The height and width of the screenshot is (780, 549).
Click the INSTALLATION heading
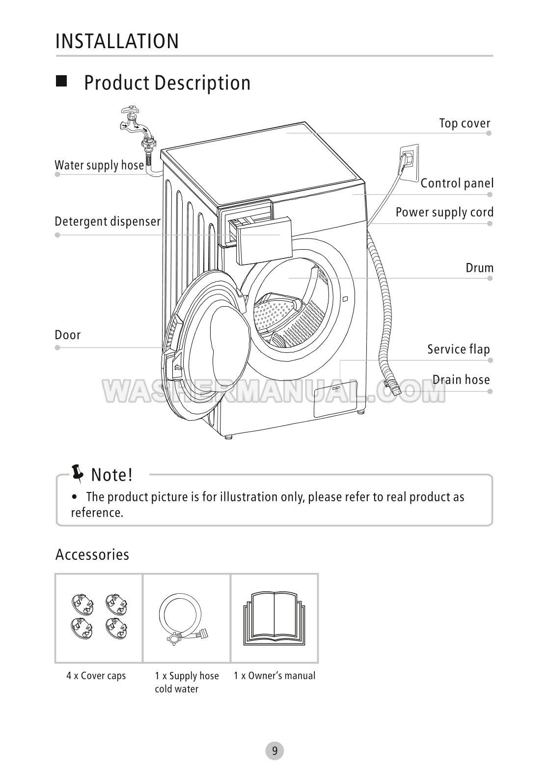point(117,41)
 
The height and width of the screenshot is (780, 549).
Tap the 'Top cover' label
point(465,123)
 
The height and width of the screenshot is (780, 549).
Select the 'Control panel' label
point(457,183)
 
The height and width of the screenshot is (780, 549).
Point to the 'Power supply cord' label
point(444,212)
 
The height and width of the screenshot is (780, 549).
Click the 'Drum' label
point(479,268)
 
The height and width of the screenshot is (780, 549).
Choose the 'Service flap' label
point(458,349)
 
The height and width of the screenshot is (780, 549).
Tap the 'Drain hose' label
point(461,379)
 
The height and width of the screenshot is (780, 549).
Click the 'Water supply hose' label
point(99,165)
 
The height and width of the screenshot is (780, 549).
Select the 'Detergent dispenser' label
point(108,222)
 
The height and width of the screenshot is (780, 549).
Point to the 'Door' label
point(68,335)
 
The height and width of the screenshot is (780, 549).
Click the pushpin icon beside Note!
point(78,472)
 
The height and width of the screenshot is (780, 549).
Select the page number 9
point(274,751)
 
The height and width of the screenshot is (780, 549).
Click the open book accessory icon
point(274,618)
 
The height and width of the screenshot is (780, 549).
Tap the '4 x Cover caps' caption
point(96,676)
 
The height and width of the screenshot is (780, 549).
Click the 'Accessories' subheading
point(92,554)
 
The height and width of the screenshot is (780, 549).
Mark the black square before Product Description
point(62,82)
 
